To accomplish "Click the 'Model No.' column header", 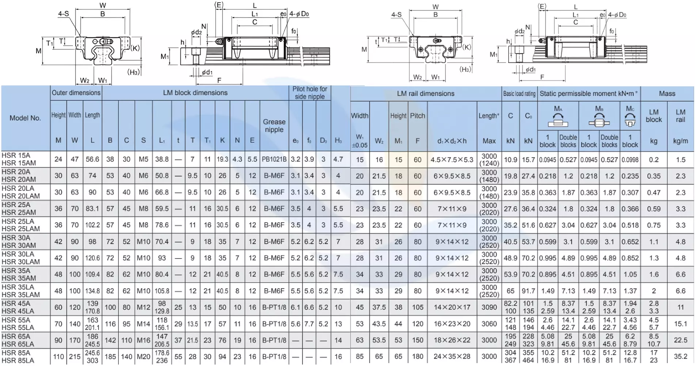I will [x=25, y=118].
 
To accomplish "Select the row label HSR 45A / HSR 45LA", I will [x=18, y=307].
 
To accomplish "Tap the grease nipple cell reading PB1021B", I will [x=274, y=159].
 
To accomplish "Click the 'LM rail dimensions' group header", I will [x=425, y=94].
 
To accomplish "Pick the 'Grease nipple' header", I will [x=274, y=126].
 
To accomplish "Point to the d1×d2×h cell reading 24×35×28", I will [x=452, y=356].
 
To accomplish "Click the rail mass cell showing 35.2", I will [x=680, y=356].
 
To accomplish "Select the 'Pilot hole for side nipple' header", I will [x=309, y=93].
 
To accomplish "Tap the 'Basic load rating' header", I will [x=519, y=94].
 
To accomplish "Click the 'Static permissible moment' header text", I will [x=588, y=94].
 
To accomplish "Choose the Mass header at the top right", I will [x=667, y=94].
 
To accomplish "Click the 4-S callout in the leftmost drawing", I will [x=63, y=14].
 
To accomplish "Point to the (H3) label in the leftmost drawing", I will [x=134, y=72].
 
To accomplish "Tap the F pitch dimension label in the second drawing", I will [x=219, y=80].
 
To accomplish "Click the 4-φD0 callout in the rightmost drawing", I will [x=617, y=15].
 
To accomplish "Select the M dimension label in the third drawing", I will [x=364, y=49].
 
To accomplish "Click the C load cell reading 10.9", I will [x=510, y=160].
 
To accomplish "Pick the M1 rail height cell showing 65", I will [x=398, y=356].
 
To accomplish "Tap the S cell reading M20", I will [x=143, y=356].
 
